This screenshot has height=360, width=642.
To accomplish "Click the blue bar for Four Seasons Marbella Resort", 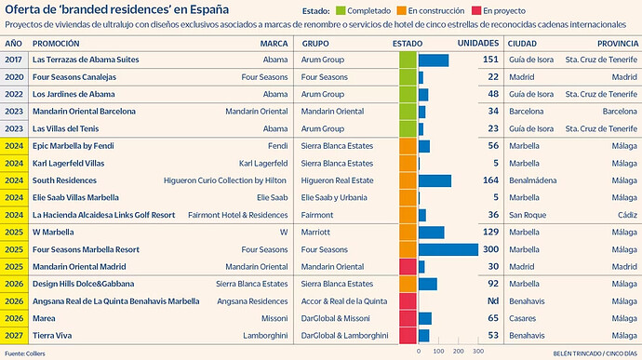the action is (x=448, y=249).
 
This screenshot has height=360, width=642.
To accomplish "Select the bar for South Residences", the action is (x=435, y=180).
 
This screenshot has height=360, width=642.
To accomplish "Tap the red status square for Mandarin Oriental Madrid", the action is (x=408, y=267).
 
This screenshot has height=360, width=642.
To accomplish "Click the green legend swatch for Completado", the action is (x=341, y=10).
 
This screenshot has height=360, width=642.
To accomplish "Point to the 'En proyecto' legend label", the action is (x=504, y=10).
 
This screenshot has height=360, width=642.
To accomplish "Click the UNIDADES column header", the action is (x=478, y=43).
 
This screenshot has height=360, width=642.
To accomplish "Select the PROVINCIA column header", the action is (x=618, y=44).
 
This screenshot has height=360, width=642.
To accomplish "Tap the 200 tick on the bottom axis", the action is (x=459, y=351).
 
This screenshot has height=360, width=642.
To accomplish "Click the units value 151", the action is (x=490, y=60).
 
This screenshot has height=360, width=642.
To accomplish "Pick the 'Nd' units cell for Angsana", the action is (x=493, y=301).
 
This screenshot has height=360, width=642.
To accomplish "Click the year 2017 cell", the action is (x=14, y=60).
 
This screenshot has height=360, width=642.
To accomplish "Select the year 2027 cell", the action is (x=14, y=336).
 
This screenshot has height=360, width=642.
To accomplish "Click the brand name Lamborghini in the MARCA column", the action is (x=265, y=336).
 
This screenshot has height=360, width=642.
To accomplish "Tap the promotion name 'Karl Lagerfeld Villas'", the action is (x=68, y=164).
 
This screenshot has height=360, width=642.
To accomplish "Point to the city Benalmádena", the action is (x=533, y=180).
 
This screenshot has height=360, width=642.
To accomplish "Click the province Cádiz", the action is (x=628, y=215).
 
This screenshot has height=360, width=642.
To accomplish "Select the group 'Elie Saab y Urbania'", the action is (x=334, y=198).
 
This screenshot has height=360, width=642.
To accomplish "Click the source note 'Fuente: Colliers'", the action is (x=25, y=353).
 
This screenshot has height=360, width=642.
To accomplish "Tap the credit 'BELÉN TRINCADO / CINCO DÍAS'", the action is (x=595, y=353).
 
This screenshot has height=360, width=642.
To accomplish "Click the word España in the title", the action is (x=209, y=9).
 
